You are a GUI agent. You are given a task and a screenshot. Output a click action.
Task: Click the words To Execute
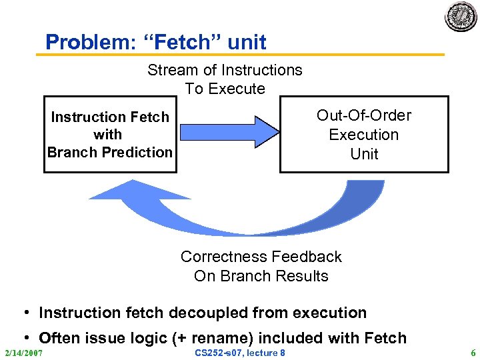225,89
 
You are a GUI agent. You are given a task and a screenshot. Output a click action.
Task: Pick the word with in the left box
108,135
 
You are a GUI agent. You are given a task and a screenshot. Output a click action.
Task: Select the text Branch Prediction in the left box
110,152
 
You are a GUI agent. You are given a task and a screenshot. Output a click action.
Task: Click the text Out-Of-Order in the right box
364,115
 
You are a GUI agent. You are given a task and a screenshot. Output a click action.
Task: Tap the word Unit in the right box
364,154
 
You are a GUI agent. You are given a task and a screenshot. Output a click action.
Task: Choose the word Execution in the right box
364,135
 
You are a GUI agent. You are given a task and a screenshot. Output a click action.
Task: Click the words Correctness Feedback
261,257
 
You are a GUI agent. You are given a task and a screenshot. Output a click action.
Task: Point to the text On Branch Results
261,276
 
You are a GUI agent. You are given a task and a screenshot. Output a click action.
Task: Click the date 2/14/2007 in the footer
24,352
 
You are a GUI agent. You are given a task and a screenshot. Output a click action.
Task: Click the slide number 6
473,352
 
